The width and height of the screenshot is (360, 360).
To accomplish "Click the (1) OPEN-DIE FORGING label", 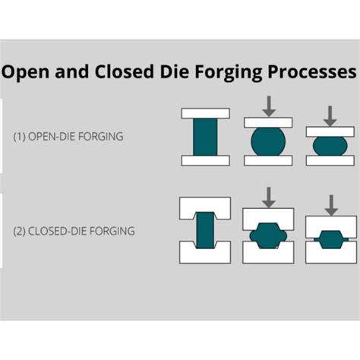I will tap(68, 137).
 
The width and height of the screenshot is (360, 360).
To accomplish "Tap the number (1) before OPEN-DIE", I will tap(21, 137).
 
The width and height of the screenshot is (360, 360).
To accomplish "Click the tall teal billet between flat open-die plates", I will tap(205, 137).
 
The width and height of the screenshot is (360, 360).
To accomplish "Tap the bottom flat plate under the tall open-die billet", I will tap(205, 160).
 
